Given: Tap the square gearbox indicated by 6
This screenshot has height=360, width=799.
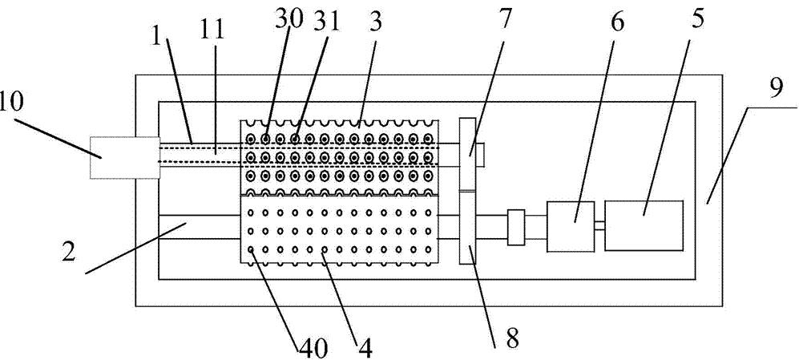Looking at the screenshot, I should click(x=571, y=226).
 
